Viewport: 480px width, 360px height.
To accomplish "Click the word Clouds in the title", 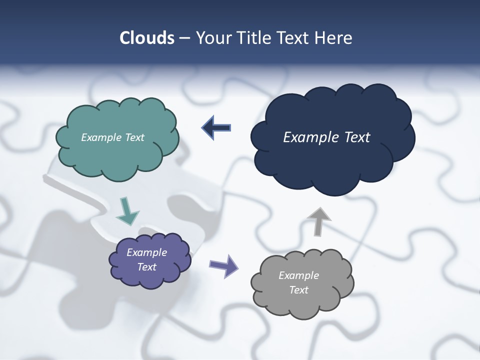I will pyautogui.click(x=146, y=38).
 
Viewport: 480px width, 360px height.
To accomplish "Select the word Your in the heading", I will pyautogui.click(x=211, y=38).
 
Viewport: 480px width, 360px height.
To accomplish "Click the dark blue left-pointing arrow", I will pyautogui.click(x=216, y=128).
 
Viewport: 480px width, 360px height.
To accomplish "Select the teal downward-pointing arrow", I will pyautogui.click(x=127, y=211).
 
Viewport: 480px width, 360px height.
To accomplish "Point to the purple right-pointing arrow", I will pyautogui.click(x=223, y=265).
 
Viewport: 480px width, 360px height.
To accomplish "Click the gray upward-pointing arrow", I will pyautogui.click(x=318, y=220).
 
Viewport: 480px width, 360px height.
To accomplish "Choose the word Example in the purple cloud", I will pyautogui.click(x=146, y=252).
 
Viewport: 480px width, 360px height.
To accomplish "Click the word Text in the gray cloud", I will pyautogui.click(x=298, y=290).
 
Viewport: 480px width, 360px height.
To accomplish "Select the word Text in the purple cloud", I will pyautogui.click(x=146, y=267).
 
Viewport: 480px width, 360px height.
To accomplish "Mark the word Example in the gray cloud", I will pyautogui.click(x=298, y=275).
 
